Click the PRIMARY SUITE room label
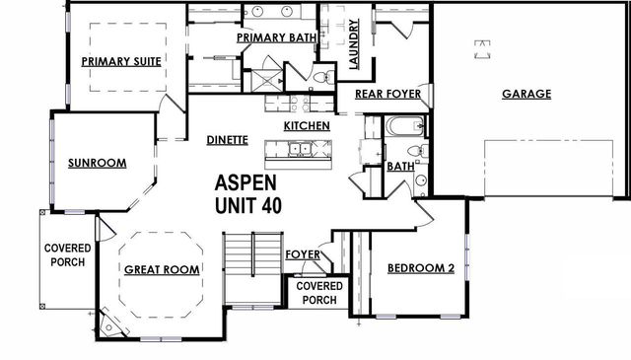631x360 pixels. pos(121,60)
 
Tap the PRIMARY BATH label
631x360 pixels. pos(275,37)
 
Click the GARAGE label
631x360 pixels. pos(526,95)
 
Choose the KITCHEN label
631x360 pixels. pos(307,126)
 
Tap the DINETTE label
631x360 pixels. pos(227,140)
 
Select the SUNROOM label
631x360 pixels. pos(97,163)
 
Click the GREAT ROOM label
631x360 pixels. pos(162,268)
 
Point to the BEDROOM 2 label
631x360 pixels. pos(420,268)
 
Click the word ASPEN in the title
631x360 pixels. pos(246,183)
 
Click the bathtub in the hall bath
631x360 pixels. pos(404,126)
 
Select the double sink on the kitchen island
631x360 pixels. pos(299,150)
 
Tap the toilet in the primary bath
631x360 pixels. pos(319,77)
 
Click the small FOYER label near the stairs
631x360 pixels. pos(302,254)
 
